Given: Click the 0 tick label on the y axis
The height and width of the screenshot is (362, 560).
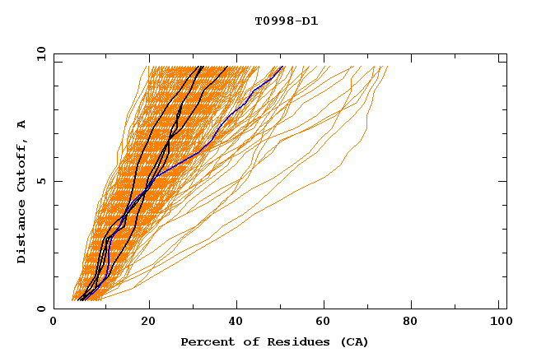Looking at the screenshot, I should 41,309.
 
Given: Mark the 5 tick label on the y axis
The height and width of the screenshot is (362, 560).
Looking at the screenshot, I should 41,181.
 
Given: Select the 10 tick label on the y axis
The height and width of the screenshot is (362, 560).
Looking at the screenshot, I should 40,53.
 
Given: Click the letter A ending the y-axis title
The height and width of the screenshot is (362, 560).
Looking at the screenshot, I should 22,123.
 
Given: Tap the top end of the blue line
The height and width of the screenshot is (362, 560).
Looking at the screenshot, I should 282,67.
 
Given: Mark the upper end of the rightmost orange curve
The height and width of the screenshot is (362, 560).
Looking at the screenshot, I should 388,67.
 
